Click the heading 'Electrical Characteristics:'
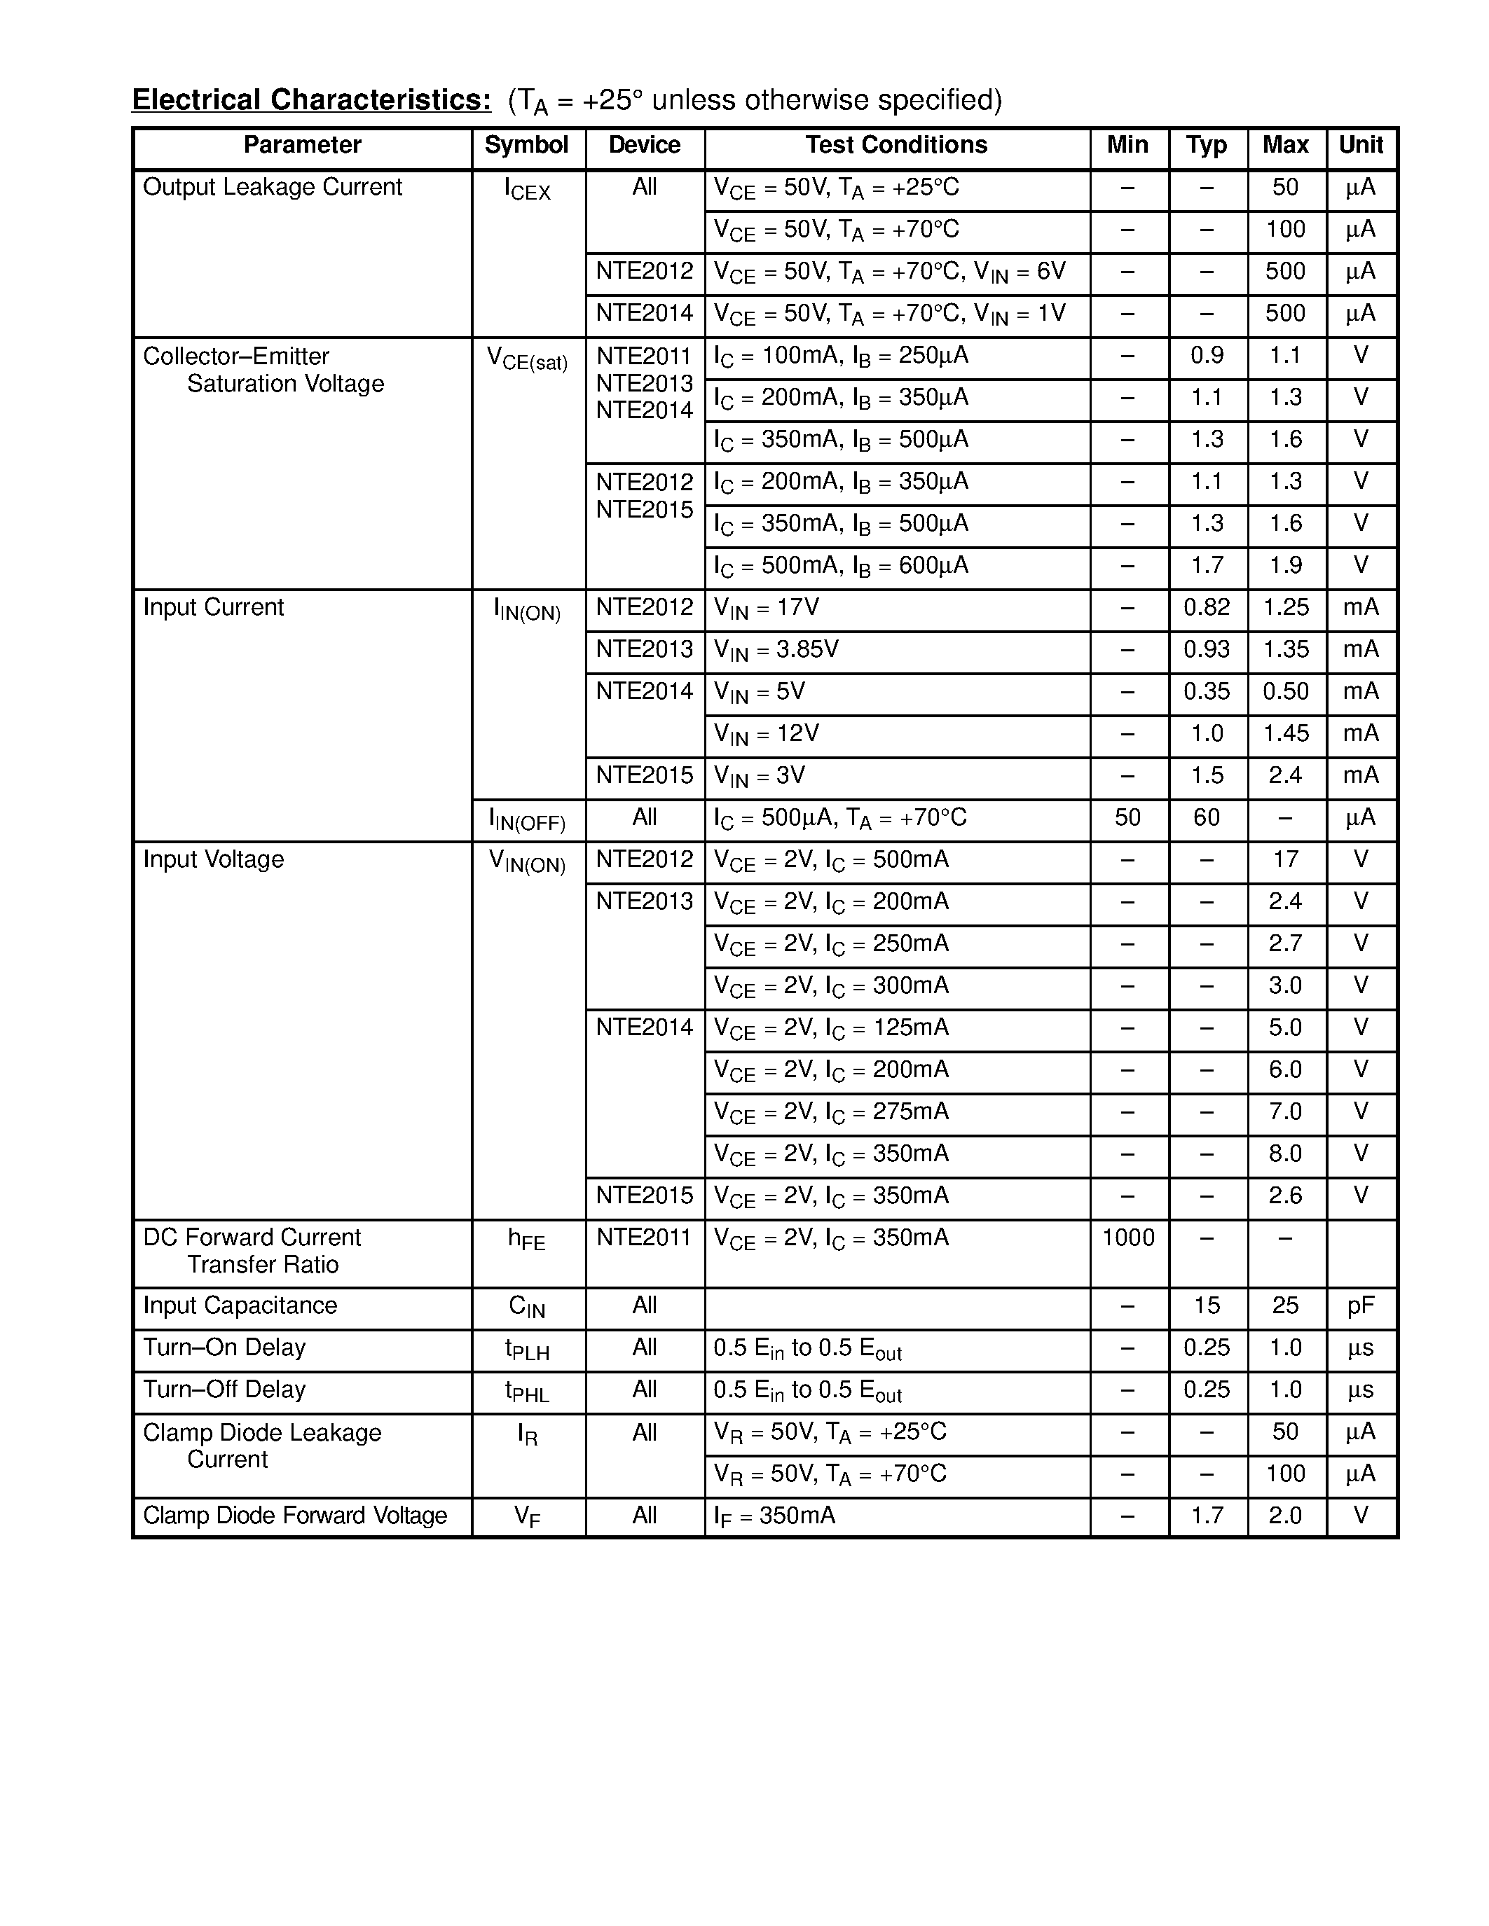point(311,99)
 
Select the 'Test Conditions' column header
point(896,145)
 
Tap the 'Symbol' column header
point(527,145)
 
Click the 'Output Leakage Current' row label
point(272,187)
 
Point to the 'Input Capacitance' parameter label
point(240,1305)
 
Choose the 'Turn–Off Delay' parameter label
point(224,1389)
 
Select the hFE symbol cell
point(527,1239)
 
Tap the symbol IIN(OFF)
point(527,819)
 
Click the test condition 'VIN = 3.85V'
point(776,650)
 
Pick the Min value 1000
point(1128,1238)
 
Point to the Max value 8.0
point(1285,1153)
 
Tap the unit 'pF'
point(1360,1305)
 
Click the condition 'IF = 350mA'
point(774,1516)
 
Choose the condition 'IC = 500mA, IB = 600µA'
point(841,565)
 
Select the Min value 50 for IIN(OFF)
point(1127,817)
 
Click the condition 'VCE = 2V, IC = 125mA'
point(831,1027)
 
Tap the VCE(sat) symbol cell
point(527,358)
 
